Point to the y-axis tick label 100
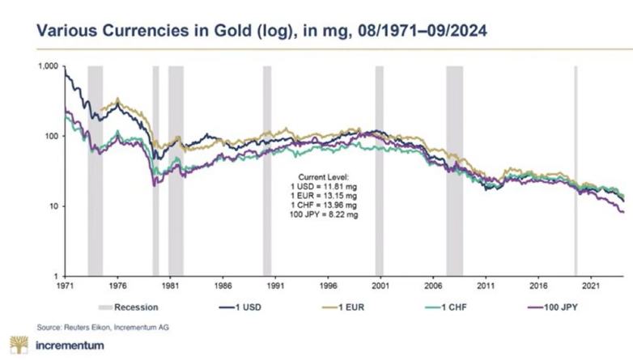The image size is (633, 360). point(52,136)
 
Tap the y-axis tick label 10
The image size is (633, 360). point(54,206)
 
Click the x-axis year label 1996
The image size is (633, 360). point(329,286)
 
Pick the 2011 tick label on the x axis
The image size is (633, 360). point(486,286)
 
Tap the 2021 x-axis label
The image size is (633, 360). point(591,286)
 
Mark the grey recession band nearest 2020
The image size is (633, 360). point(576,171)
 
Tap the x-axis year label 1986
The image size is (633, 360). point(223,286)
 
